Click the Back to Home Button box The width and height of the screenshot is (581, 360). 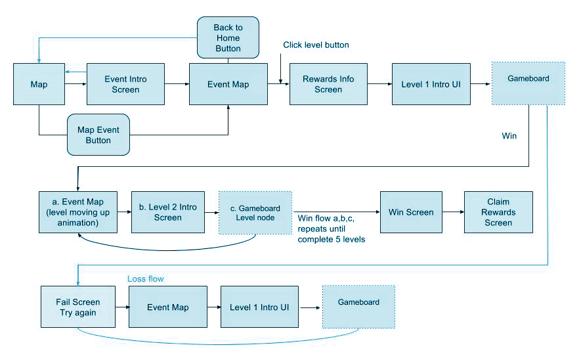pos(228,37)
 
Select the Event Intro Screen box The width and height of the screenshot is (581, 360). pos(125,84)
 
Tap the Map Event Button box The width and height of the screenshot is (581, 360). pos(98,135)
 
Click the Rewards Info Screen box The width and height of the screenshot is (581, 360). pos(328,84)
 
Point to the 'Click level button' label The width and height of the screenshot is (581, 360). pos(316,45)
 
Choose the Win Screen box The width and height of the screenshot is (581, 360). pos(411,212)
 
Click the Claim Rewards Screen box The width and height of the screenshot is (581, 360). pos(498,212)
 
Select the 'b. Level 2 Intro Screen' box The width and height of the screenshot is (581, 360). pos(168,212)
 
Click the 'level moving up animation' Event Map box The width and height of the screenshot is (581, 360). pos(78,212)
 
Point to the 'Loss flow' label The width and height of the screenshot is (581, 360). pos(145,279)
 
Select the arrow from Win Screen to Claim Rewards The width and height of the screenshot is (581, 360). pos(453,212)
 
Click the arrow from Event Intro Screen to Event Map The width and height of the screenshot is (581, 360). pos(177,84)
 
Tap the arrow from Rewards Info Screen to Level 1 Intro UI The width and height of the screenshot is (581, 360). pos(379,84)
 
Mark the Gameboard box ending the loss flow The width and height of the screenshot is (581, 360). pos(358,306)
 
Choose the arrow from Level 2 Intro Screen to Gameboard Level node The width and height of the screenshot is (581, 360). pos(211,212)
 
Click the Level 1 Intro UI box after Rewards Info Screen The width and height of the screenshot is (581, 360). pos(431,84)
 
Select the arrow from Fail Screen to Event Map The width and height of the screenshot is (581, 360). pos(122,307)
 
